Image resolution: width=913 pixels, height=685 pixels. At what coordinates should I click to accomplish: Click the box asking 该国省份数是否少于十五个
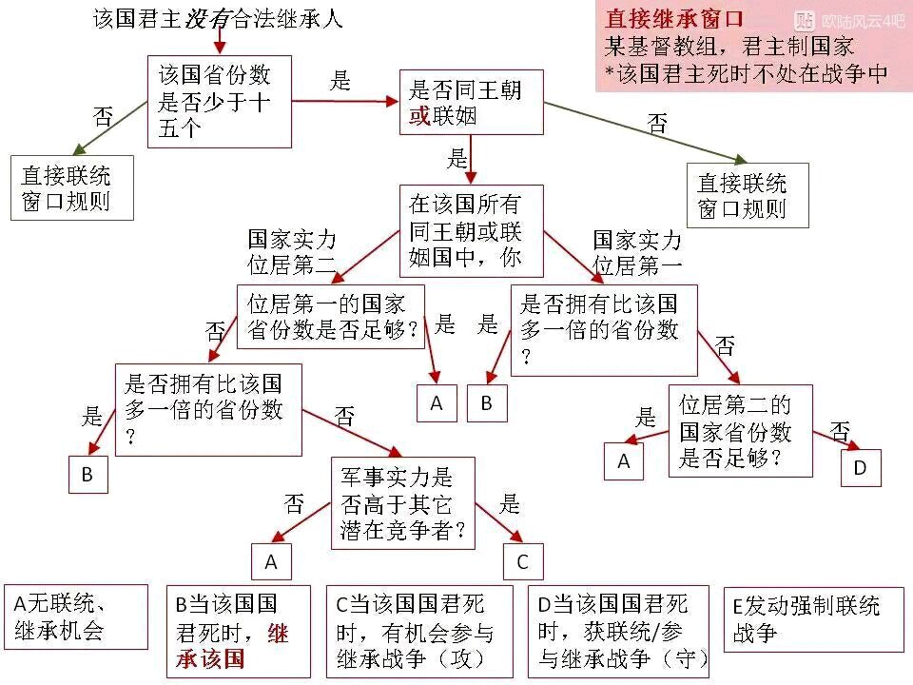pos(219,101)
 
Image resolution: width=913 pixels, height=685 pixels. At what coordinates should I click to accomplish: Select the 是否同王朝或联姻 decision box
pos(470,103)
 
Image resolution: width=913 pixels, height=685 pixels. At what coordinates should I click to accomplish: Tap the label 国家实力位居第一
pos(637,251)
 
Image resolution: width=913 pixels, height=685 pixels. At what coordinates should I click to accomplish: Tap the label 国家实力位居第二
pos(292,251)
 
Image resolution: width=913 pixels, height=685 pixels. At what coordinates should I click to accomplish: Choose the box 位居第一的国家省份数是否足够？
pos(332,316)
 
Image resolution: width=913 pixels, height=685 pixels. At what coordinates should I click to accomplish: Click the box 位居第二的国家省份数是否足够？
pos(740,430)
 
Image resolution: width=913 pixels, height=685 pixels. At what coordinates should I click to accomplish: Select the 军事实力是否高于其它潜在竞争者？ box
pos(403,503)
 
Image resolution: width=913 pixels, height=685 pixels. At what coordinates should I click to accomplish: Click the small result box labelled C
pos(521,561)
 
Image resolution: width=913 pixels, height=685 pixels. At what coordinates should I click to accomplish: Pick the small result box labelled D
pos(860,467)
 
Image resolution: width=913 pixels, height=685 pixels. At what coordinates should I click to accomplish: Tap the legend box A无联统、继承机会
pos(75,616)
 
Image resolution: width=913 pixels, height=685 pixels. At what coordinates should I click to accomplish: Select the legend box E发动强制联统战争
pos(813,618)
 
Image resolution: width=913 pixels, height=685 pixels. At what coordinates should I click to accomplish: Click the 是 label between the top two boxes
pos(340,82)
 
